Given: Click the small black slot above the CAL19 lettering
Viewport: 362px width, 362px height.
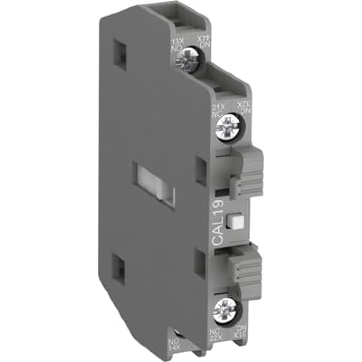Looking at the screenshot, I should coord(219,192).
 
